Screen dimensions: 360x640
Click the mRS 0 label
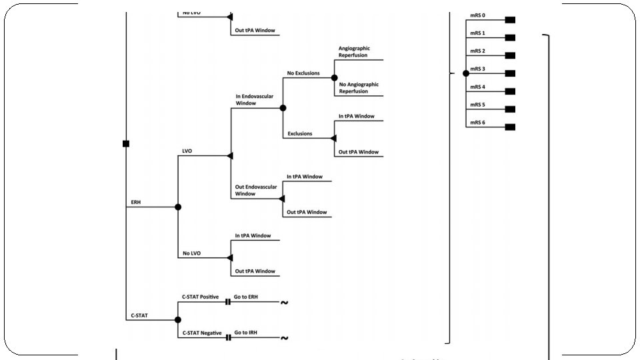477,15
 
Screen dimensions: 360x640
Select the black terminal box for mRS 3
510,73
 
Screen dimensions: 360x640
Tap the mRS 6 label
477,123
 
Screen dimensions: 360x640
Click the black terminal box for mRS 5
510,109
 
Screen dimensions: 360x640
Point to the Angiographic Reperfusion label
353,52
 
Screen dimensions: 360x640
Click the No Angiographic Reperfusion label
359,88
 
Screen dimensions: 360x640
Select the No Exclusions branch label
303,73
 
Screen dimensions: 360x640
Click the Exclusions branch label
300,134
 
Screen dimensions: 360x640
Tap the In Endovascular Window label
255,100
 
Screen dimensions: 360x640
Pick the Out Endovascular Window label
256,190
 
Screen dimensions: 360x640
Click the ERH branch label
136,202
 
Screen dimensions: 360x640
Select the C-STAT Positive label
200,297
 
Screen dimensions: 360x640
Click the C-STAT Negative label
201,333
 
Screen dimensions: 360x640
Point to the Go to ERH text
247,297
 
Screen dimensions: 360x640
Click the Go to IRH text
247,333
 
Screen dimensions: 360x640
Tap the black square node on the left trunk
126,143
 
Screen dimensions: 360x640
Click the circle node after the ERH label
178,207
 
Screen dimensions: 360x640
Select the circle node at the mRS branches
465,73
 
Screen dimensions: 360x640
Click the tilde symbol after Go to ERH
285,303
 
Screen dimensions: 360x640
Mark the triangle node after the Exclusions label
334,138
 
